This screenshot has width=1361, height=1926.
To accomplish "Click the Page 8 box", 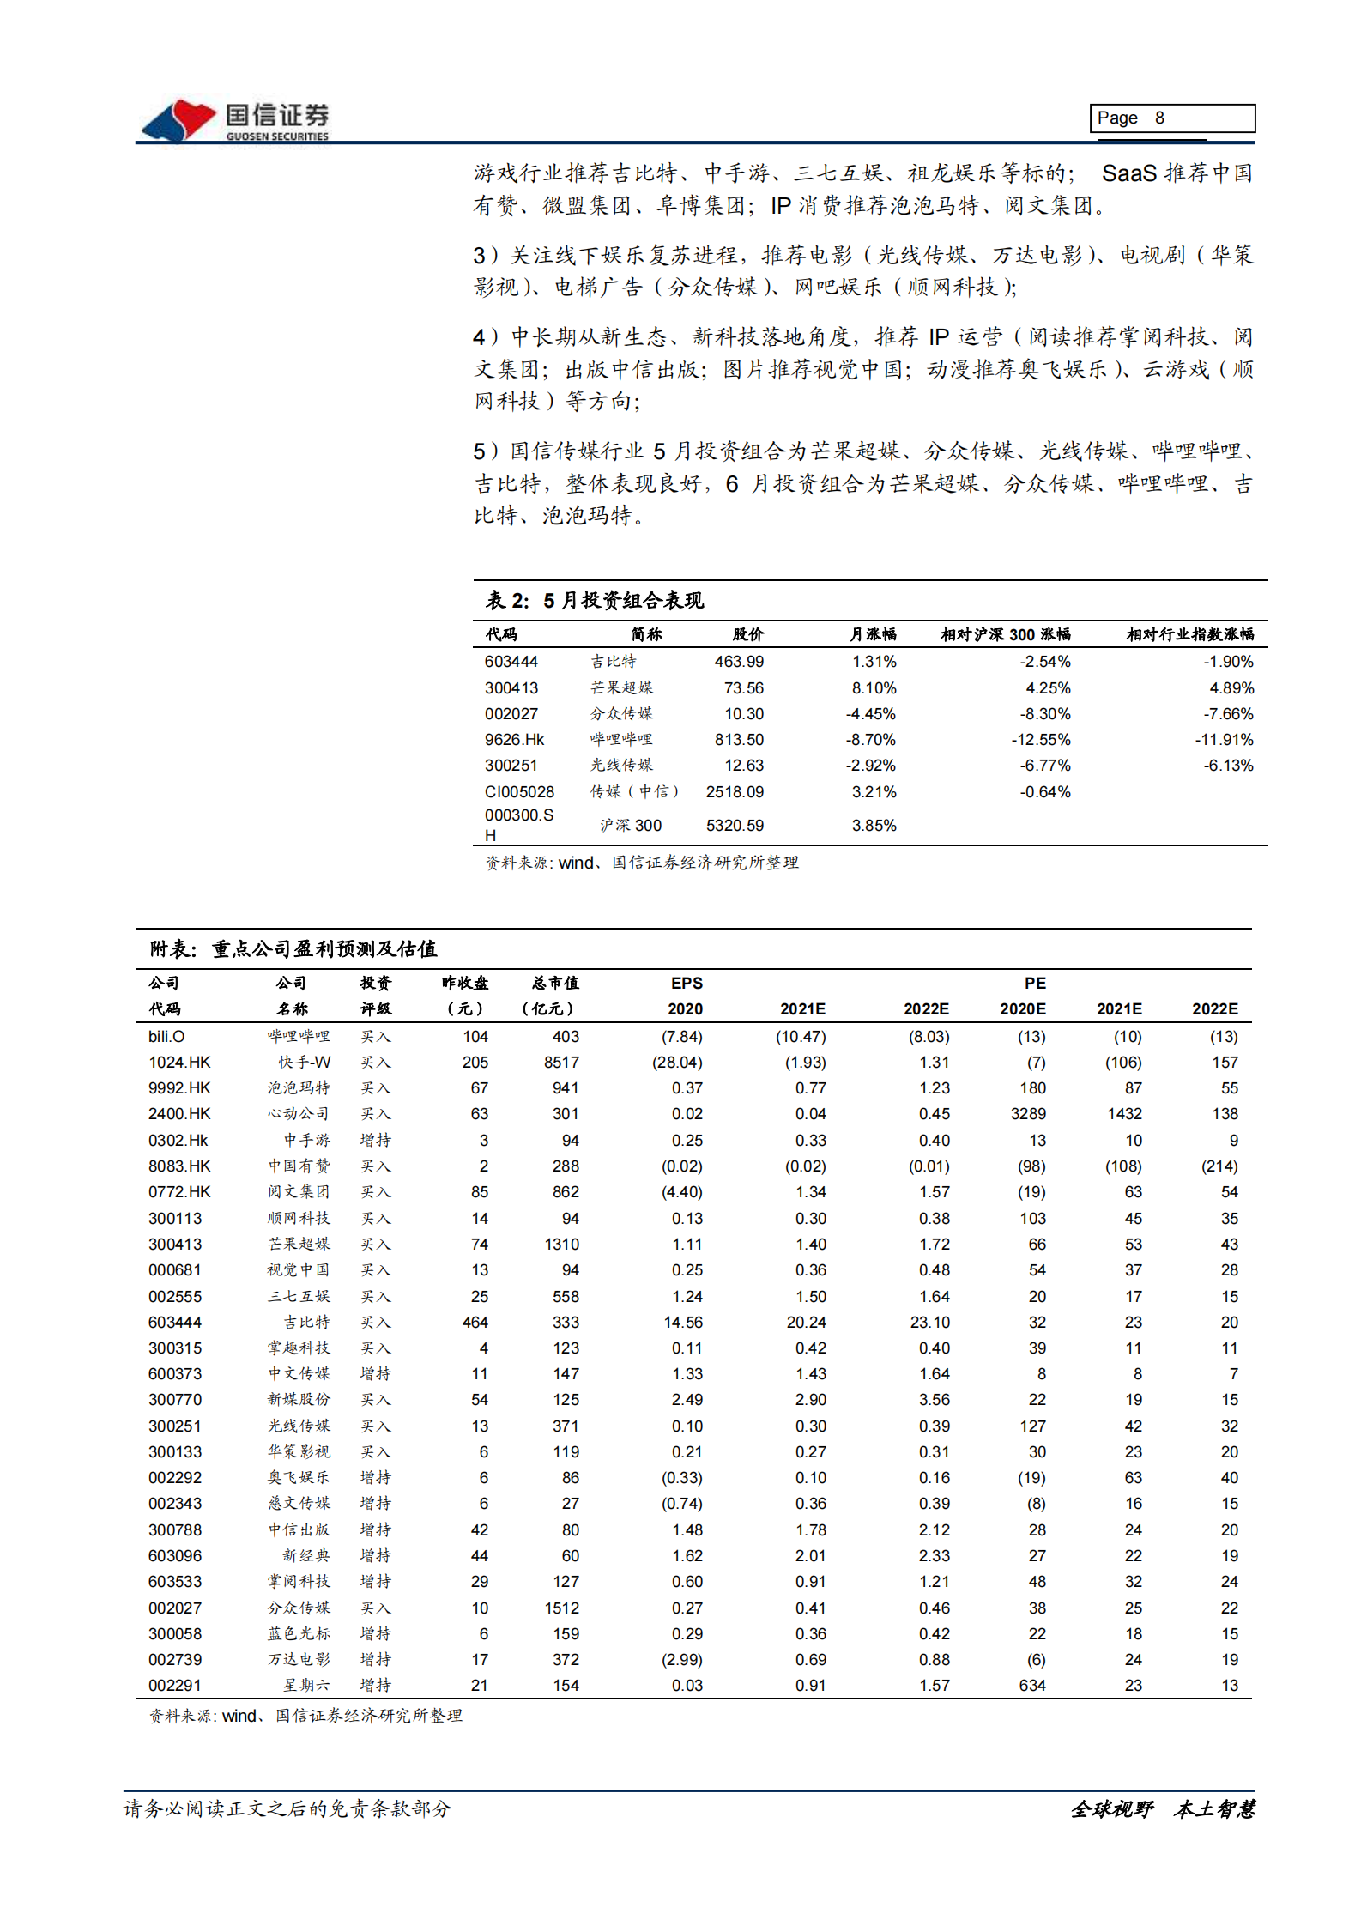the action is (1171, 118).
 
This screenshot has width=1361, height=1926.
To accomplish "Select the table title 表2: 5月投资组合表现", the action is (595, 601).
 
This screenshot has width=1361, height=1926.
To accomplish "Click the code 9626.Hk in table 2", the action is (514, 740).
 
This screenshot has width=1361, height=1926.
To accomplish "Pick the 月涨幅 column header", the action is (873, 634).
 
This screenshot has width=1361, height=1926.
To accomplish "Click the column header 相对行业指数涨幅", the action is (1189, 634).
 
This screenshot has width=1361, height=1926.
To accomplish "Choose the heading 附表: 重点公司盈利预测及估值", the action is (293, 948).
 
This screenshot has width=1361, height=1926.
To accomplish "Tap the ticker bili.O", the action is (166, 1037).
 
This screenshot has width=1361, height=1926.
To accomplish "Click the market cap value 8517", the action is (561, 1063).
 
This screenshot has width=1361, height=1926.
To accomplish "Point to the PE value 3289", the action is (1028, 1114).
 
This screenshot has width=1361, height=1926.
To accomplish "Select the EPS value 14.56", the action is (683, 1323).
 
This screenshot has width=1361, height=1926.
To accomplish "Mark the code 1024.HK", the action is (179, 1063).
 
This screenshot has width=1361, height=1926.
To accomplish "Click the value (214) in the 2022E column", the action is (1219, 1166).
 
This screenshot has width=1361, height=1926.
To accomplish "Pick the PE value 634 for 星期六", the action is (1032, 1686).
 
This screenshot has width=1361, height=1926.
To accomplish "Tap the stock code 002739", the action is (175, 1660).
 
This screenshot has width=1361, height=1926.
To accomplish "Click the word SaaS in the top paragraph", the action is (1129, 174).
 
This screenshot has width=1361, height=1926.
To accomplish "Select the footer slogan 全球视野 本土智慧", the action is (1163, 1809).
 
